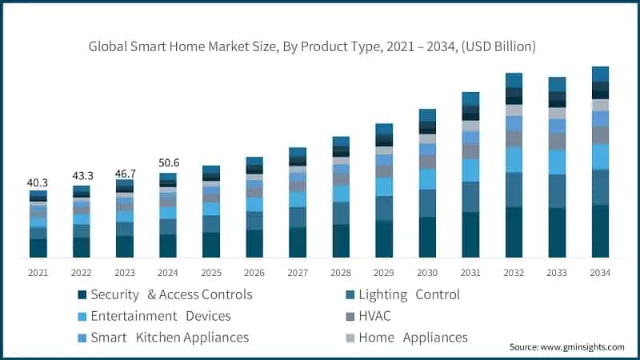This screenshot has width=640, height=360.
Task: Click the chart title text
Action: click(x=312, y=47)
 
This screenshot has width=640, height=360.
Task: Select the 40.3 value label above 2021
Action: click(x=38, y=182)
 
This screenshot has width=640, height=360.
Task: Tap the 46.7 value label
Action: click(x=125, y=172)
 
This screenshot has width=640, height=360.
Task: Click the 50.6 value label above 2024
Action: click(x=168, y=163)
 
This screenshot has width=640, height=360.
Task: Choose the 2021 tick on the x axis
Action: click(x=38, y=273)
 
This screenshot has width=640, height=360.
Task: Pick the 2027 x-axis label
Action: click(x=298, y=273)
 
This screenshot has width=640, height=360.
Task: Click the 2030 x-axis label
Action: click(x=427, y=273)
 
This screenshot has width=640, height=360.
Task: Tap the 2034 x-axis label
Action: click(x=600, y=273)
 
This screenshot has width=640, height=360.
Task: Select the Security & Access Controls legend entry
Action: click(x=164, y=294)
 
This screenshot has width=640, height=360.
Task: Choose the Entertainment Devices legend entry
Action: click(x=153, y=316)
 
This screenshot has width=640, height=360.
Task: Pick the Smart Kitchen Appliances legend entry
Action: click(x=162, y=338)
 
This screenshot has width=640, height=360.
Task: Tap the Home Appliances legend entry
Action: click(x=406, y=338)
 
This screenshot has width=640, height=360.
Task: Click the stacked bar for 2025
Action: click(x=211, y=212)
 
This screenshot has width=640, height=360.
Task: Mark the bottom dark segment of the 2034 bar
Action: click(x=600, y=231)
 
